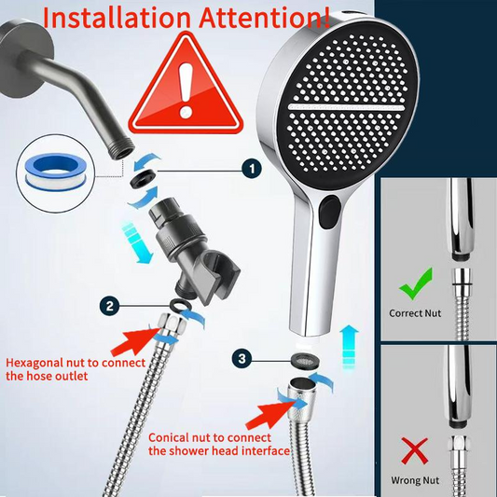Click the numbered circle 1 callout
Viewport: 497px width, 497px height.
pos(252,168)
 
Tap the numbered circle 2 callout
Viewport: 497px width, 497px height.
pos(110,306)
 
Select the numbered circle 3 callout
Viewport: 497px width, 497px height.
pos(242,359)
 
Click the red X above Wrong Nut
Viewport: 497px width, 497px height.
pos(415,451)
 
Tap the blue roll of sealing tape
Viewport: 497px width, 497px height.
pos(56,172)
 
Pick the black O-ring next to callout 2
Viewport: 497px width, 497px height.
pos(181,305)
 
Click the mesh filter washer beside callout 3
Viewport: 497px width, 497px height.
pos(305,360)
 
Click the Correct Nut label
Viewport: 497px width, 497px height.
pos(415,313)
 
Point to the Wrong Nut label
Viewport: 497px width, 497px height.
pos(415,480)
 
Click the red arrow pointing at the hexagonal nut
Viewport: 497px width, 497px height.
pos(135,340)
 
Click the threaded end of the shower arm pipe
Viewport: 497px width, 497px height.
pos(121,148)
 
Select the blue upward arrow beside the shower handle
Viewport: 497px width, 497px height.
pos(349,348)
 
